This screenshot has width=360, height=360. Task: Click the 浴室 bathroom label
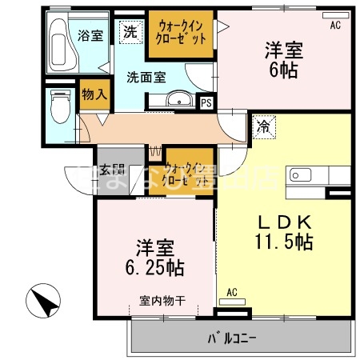click(90, 35)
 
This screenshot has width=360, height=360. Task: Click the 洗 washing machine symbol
click(129, 33)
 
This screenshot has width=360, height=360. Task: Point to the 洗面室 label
click(146, 78)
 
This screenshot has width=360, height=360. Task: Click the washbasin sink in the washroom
click(180, 100)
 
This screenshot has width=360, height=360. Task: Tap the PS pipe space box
click(206, 102)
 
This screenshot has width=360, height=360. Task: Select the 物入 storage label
click(94, 94)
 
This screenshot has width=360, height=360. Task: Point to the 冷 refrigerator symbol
click(262, 126)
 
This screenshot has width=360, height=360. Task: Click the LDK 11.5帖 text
click(278, 231)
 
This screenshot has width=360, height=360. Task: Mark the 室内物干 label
click(162, 301)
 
